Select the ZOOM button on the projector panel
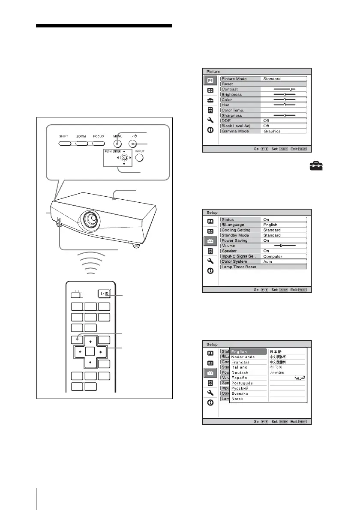click(x=81, y=144)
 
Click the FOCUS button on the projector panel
click(x=99, y=144)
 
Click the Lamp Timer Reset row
click(x=264, y=267)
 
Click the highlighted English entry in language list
click(x=249, y=352)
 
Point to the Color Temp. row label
click(x=240, y=110)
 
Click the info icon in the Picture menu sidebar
click(x=210, y=130)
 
